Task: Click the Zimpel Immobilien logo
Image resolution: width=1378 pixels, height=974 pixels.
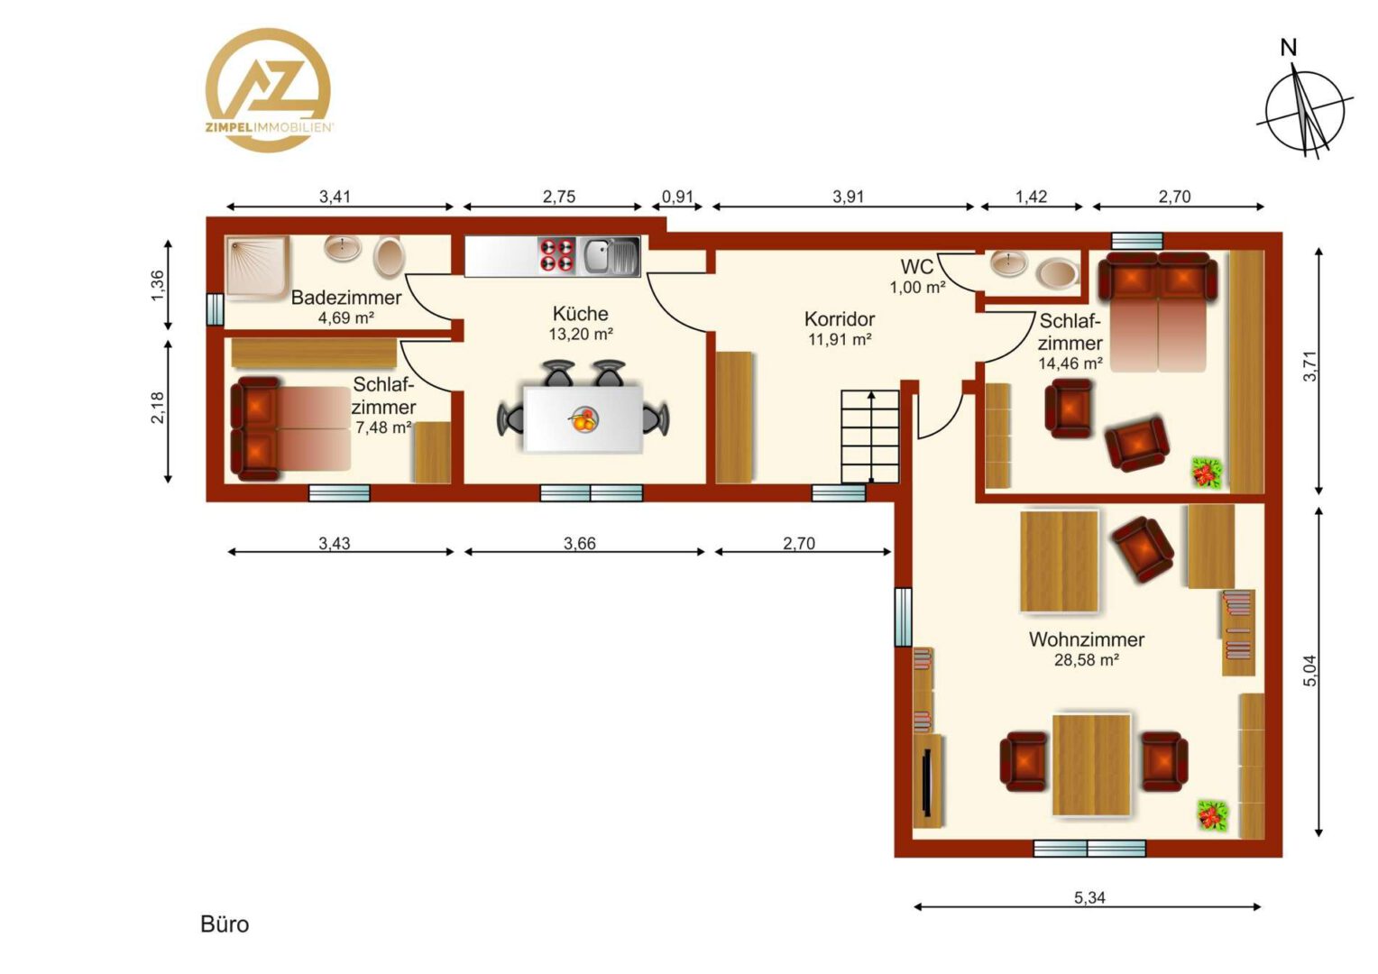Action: coord(268,90)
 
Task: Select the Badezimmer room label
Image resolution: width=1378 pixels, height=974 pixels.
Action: coord(345,298)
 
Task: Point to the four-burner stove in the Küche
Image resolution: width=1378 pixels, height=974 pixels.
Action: coord(556,256)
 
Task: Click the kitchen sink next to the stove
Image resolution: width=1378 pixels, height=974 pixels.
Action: coord(609,256)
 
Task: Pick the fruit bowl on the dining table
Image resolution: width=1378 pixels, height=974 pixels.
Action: coord(583,419)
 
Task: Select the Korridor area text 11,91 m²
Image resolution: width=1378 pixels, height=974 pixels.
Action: coord(839,340)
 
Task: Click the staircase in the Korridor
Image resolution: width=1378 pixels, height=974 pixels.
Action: coord(870,436)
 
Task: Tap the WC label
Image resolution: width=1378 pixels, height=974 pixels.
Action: coord(916,267)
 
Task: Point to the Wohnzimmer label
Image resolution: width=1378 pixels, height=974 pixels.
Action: coord(1087,639)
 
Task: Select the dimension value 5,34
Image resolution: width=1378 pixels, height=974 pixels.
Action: coord(1089,897)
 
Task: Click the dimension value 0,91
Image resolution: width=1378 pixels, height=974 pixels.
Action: coord(677,197)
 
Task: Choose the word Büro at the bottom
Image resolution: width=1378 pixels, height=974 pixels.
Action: coord(225,924)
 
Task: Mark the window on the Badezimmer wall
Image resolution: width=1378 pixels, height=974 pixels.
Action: coord(215,308)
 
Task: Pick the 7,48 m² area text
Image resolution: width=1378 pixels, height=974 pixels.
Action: coord(383,427)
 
